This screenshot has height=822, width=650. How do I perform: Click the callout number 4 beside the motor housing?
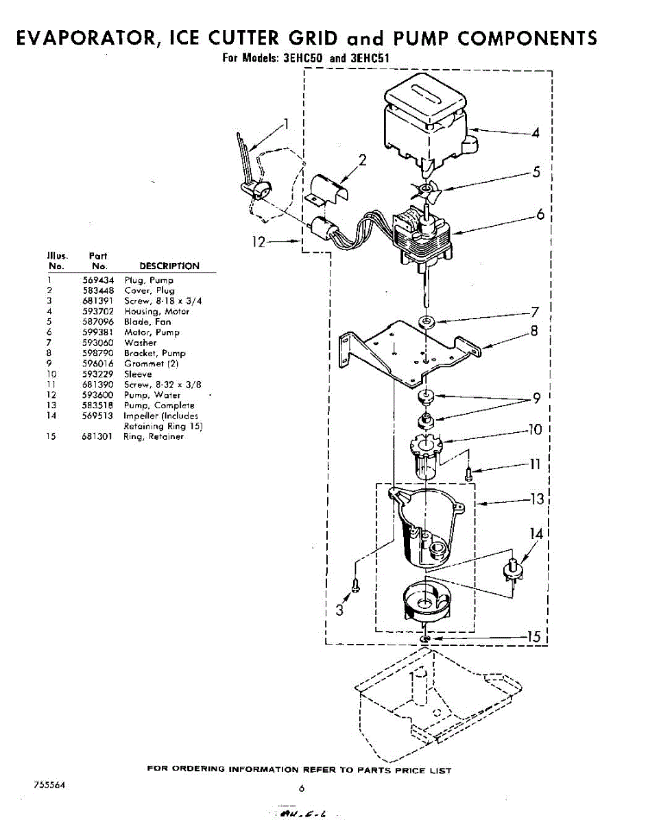coord(535,133)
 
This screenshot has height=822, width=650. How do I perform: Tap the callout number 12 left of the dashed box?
coord(258,242)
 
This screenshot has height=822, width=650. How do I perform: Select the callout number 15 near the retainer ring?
coord(533,637)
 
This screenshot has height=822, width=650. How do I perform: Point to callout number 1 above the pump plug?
coord(286,124)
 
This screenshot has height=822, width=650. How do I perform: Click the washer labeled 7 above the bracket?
coord(428,321)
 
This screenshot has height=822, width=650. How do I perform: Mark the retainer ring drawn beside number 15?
coord(426,638)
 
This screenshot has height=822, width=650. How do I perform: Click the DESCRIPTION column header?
coord(169,266)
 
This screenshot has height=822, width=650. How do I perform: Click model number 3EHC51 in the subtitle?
coord(370,58)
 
